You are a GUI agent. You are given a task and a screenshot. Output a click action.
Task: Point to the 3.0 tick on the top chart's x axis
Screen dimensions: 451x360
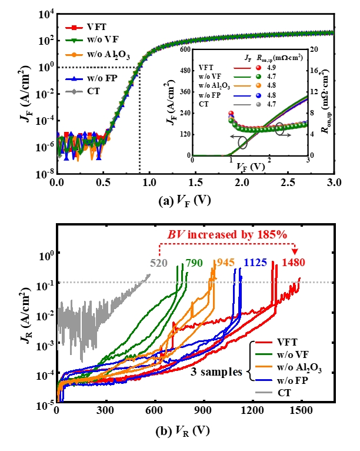tap(334, 183)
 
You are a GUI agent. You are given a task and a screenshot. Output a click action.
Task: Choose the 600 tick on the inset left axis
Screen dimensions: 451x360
tap(184, 49)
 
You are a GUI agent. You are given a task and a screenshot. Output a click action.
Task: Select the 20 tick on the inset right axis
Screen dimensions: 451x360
tap(315, 49)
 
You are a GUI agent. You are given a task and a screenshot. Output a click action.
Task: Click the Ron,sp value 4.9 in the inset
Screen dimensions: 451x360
tap(286, 68)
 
